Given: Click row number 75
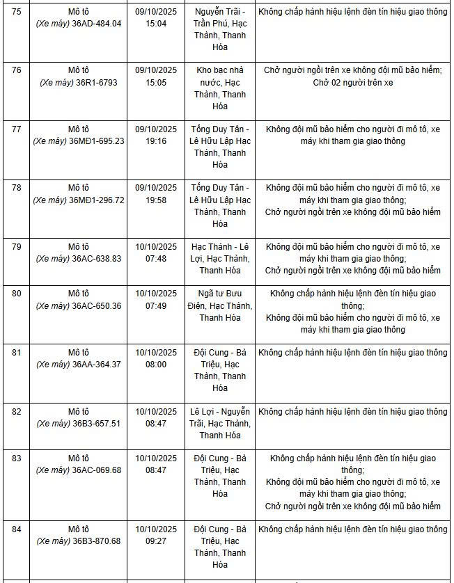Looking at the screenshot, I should pos(17,12).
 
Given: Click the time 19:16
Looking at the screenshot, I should pos(156,141).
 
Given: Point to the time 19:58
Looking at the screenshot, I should pos(156,200).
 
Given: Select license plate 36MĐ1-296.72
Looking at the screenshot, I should pos(98,200).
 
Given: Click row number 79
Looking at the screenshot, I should pos(17,247).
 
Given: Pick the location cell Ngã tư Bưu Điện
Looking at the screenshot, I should pos(219,305).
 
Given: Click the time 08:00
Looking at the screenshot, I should pos(156,364).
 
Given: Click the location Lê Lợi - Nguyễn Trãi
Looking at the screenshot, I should pos(219,417).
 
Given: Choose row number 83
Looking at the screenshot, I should pos(17,458).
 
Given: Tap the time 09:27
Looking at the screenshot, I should pos(156,541).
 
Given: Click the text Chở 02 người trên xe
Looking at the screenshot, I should pos(353,82).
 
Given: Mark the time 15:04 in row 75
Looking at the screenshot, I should pos(156,24).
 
